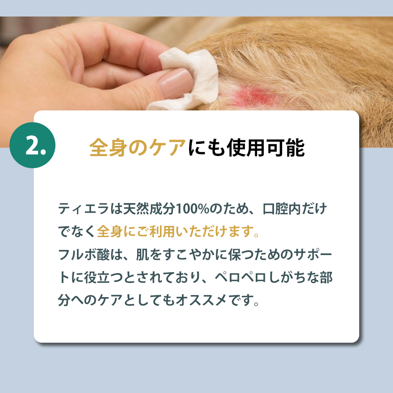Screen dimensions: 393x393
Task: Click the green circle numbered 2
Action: coord(32,145)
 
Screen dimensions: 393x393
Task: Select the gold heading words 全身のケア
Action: coord(138,147)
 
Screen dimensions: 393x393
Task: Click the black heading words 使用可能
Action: coord(266,147)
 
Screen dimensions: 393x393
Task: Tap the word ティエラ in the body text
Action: coord(84,209)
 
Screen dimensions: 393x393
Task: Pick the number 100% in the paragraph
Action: coord(193,209)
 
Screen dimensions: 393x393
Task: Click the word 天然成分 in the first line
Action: coord(149,209)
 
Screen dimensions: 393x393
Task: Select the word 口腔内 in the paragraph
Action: coord(282,209)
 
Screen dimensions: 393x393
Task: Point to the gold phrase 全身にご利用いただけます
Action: coord(175,231)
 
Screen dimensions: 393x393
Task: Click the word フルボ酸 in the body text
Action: coord(84,254)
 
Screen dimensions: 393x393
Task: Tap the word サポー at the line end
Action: coord(313,254)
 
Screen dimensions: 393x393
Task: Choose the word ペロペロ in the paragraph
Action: coord(241,277)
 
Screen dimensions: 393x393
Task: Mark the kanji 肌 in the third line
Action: coord(142,254)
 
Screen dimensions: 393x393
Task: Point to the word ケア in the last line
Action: coord(110,300)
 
